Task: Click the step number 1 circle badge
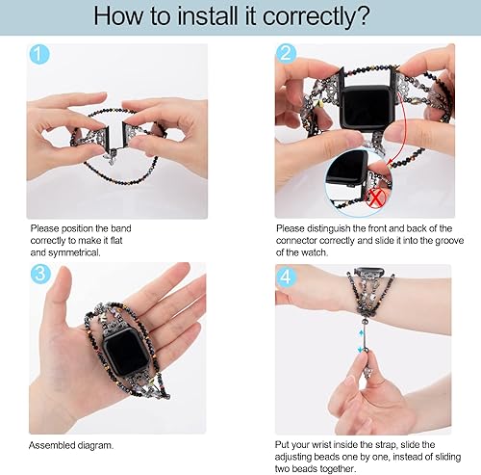tap(38, 56)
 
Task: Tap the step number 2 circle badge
tap(286, 56)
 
